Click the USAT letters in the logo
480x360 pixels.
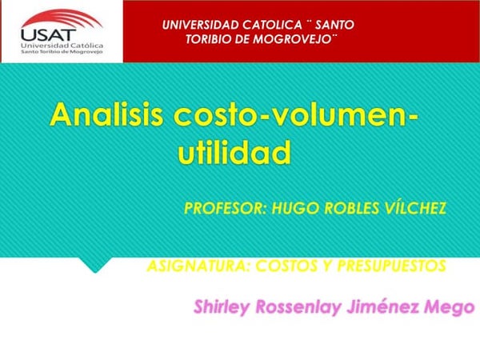[x=48, y=35]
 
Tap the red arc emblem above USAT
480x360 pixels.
[x=62, y=19]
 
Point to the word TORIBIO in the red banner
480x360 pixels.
[x=209, y=39]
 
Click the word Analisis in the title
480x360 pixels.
[x=106, y=114]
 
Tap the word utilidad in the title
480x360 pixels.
[x=234, y=152]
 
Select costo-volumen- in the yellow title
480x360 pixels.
[x=296, y=115]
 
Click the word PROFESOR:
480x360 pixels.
[x=226, y=209]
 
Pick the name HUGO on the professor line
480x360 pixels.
[x=296, y=209]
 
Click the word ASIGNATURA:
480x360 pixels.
[x=199, y=266]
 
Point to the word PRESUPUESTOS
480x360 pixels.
[x=391, y=266]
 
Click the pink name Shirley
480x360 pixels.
[x=222, y=307]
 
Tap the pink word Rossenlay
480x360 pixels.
[x=298, y=307]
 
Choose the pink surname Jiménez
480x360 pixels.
[x=382, y=306]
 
